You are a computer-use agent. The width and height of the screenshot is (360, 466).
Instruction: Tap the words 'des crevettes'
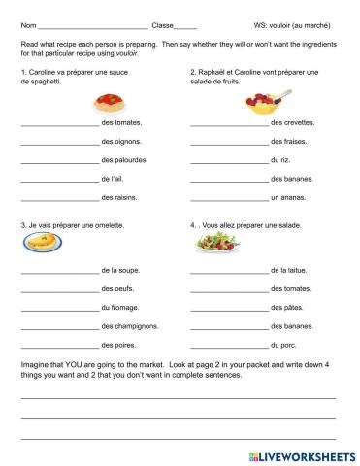292,124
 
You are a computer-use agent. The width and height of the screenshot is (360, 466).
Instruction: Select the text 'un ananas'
289,197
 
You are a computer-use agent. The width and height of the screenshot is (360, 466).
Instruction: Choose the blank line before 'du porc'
229,346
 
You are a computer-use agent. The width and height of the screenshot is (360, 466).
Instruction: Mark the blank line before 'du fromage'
58,309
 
